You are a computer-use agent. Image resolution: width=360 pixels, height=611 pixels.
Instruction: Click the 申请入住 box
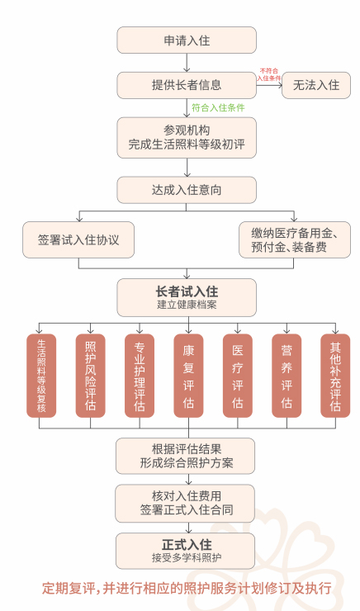point(187,40)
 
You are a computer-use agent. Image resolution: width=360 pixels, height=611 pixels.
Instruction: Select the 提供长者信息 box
point(187,85)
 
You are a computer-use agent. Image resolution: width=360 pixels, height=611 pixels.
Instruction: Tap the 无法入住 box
point(316,85)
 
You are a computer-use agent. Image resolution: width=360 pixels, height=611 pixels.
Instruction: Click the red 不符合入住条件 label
point(269,74)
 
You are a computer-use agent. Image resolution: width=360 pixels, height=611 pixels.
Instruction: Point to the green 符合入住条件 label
point(218,107)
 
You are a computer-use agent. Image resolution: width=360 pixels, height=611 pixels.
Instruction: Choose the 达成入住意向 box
point(187,190)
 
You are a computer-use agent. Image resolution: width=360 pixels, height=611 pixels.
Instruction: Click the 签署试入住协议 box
point(78,239)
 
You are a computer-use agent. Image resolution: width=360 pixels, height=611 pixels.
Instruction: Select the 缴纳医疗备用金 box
point(295,239)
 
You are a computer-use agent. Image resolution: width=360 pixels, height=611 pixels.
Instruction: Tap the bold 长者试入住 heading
point(187,291)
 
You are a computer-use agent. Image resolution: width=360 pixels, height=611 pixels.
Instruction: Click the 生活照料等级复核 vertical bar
point(41,376)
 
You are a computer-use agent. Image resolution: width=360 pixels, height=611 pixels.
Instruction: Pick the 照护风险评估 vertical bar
point(90,376)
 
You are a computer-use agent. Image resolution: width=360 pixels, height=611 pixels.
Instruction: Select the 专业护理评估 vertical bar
point(140,376)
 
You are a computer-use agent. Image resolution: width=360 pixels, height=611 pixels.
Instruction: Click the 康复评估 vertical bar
point(188,376)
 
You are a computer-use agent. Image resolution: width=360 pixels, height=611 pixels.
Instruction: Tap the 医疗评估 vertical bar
point(238,376)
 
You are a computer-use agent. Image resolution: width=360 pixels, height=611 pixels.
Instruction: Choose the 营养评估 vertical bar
point(287,376)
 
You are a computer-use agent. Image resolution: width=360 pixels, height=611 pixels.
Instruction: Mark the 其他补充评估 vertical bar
point(335,376)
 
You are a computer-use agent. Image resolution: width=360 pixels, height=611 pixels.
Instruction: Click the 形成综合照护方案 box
point(186,456)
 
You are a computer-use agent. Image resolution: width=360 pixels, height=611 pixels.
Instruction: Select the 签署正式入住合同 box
point(185,504)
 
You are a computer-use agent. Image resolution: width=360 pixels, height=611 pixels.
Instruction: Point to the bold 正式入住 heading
point(187,544)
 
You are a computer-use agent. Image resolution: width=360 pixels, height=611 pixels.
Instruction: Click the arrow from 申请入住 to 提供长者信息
point(187,63)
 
